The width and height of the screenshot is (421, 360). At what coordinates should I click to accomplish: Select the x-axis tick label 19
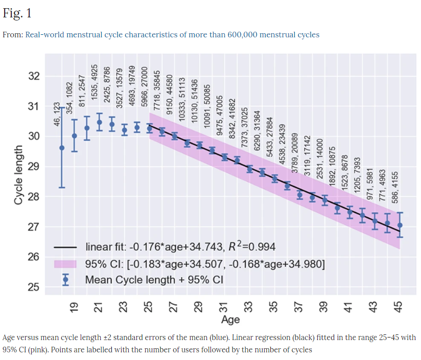[x=75, y=307]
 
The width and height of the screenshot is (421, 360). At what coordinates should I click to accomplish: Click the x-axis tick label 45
[x=400, y=307]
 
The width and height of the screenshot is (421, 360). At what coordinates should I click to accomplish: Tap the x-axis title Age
[x=230, y=320]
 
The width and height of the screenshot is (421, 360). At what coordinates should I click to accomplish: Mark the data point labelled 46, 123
[x=62, y=148]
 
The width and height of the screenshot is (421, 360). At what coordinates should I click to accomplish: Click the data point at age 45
[x=400, y=225]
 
